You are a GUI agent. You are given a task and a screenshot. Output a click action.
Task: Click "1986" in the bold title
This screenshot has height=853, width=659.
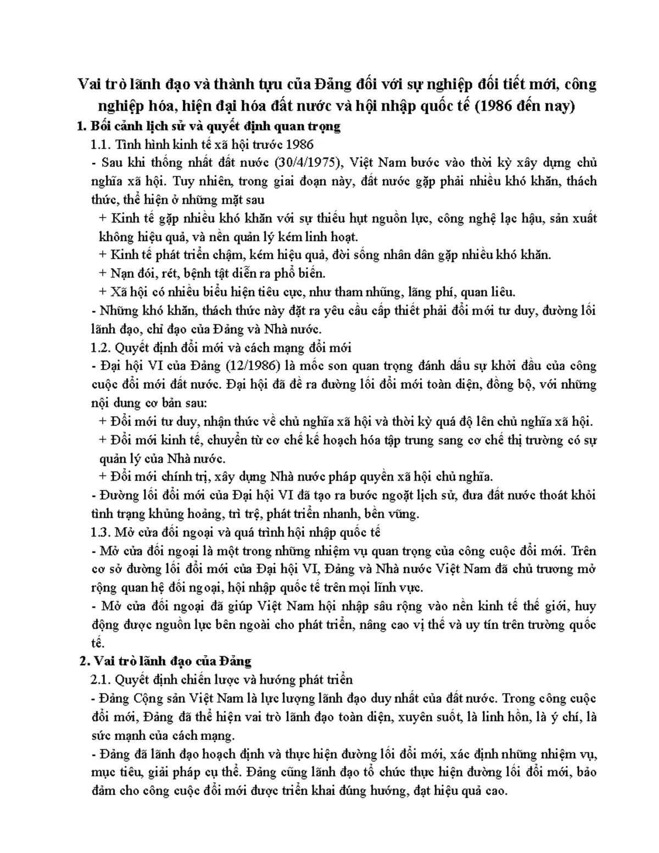point(499,105)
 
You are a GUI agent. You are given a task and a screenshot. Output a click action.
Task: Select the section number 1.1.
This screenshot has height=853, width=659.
point(100,144)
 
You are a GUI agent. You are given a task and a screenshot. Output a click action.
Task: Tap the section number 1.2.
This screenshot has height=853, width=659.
point(100,348)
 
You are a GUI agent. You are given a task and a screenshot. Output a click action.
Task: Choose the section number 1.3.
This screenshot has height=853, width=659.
point(100,532)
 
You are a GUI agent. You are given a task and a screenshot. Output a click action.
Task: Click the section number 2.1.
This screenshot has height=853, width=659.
point(100,680)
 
